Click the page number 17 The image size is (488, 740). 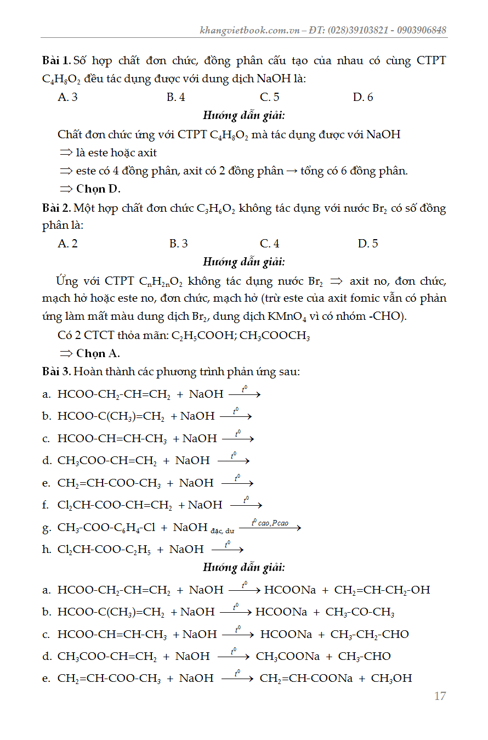(x=440, y=696)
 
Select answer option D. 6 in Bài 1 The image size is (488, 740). (x=363, y=97)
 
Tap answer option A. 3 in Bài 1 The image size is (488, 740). (x=67, y=97)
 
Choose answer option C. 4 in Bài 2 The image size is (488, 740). (x=269, y=244)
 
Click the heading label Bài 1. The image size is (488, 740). (x=56, y=60)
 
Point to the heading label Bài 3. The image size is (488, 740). (x=56, y=371)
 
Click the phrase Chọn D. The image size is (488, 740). (x=98, y=189)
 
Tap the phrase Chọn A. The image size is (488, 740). (x=98, y=353)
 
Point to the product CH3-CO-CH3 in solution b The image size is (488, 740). (x=360, y=612)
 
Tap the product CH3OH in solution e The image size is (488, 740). (x=391, y=679)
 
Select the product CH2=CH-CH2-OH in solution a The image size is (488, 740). (x=382, y=590)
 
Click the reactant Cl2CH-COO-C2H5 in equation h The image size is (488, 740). (x=104, y=550)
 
